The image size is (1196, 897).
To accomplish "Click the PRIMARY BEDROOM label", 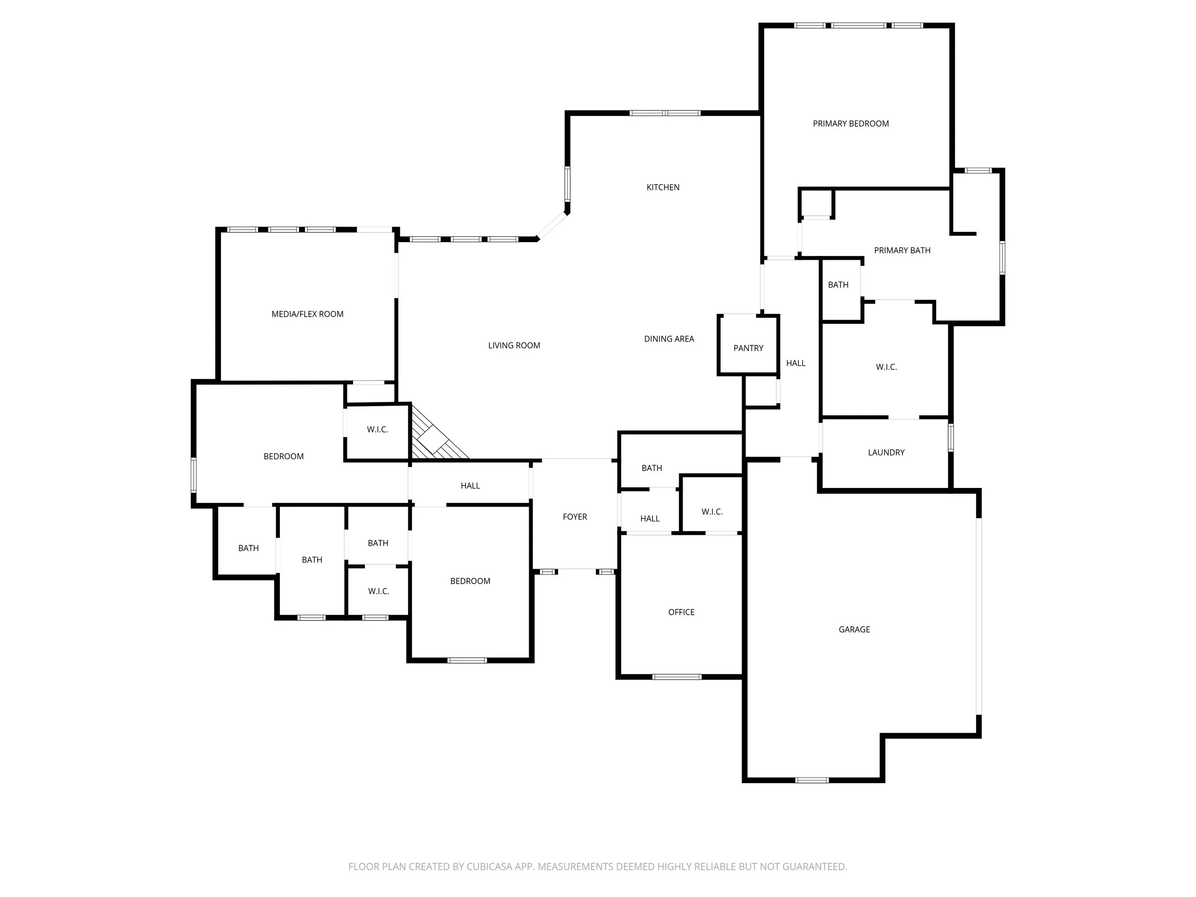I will (851, 124).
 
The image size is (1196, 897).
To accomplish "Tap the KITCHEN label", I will (663, 188).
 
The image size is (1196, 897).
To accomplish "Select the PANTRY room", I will (748, 348).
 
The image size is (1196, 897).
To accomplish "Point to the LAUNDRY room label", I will (886, 453).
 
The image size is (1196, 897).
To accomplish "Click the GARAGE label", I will (854, 630).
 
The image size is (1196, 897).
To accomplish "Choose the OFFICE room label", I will (681, 612).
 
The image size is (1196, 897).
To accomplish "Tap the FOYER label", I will (574, 517).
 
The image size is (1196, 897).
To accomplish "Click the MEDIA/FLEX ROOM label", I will (307, 314).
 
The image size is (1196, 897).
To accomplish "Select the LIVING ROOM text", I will (514, 345).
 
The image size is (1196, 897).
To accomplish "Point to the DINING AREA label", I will (669, 339).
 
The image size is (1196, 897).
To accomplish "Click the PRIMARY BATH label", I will (902, 250).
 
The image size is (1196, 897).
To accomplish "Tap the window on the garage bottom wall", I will (811, 780).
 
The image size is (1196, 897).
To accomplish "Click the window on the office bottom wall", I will (677, 677).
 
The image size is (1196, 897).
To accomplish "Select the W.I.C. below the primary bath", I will (886, 367).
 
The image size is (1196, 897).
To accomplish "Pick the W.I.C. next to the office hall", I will (711, 511).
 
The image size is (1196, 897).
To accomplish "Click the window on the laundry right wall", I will (951, 437).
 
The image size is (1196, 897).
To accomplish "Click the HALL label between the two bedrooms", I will (470, 486).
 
